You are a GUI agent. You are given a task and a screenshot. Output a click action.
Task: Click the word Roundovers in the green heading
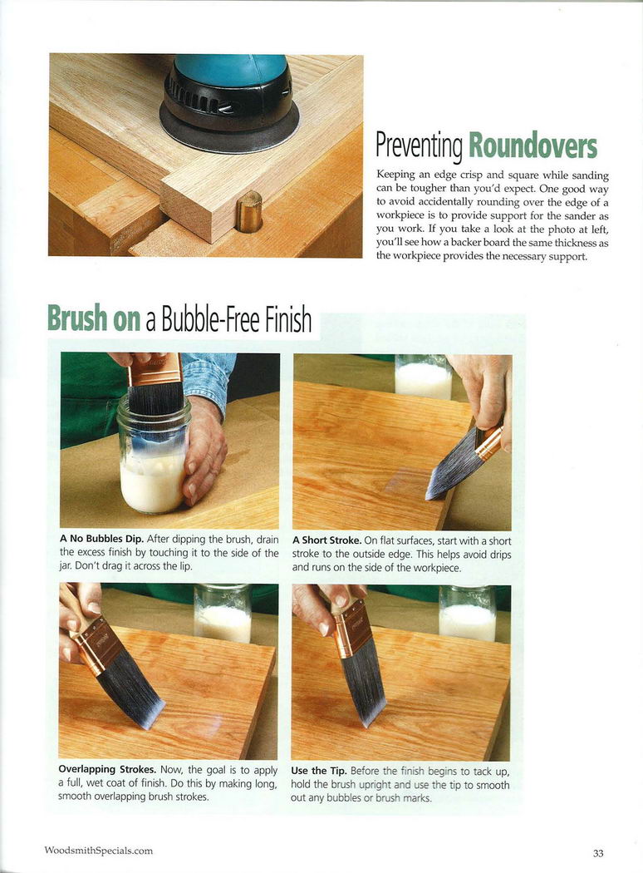[x=533, y=145]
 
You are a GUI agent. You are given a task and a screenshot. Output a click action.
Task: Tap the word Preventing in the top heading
[x=419, y=145]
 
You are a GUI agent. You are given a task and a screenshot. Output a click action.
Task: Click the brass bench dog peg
[x=248, y=211]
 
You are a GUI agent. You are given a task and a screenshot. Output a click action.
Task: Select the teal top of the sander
[x=231, y=69]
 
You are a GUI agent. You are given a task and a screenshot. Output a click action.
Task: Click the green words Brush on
[x=93, y=318]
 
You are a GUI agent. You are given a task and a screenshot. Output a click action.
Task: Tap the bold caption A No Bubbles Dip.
[x=102, y=539]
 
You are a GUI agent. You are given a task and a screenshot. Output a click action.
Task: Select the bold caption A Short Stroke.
[x=327, y=540]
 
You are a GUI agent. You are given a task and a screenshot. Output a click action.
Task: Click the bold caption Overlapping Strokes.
[x=107, y=769]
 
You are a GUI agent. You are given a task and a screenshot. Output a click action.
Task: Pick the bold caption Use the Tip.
[x=319, y=771]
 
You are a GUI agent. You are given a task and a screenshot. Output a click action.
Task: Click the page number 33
[x=598, y=853]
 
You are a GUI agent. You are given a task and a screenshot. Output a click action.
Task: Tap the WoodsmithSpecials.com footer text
[x=99, y=851]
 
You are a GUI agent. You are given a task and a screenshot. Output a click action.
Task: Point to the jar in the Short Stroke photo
[x=423, y=377]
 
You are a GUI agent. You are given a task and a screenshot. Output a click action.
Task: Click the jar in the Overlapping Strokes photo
[x=222, y=612]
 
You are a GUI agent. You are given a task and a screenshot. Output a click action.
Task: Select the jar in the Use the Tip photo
[x=467, y=613]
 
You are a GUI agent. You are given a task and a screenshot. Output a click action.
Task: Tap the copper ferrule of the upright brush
[x=352, y=629]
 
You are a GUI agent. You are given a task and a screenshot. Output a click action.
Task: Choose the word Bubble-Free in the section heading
[x=211, y=319]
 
